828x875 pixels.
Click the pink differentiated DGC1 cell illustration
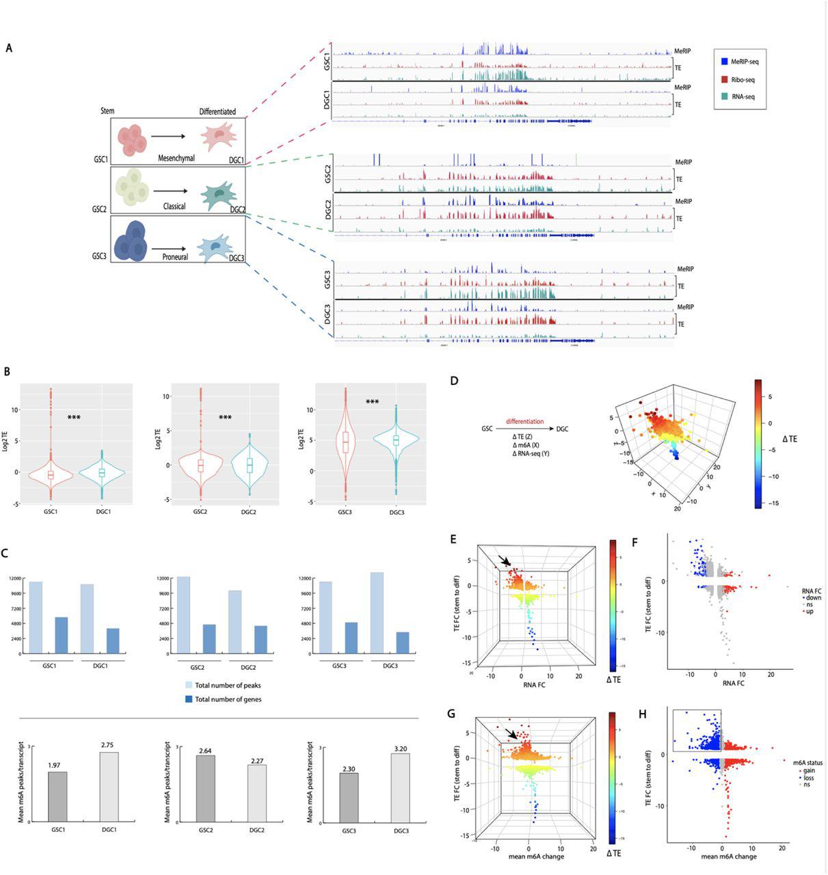tap(218, 137)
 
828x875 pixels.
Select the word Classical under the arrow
tap(174, 206)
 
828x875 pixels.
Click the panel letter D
tap(455, 379)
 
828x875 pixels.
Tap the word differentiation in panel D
tap(525, 421)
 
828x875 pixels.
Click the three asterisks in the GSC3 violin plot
tap(372, 401)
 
